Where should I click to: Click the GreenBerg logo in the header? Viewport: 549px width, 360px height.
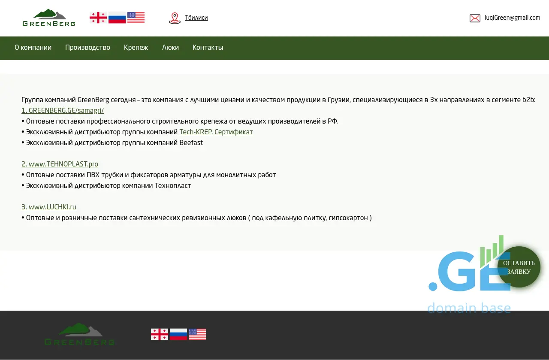click(x=49, y=18)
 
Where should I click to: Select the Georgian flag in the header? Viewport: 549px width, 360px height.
click(x=98, y=18)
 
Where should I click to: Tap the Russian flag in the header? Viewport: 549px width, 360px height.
click(x=117, y=18)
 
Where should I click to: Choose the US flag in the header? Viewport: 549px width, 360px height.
click(x=136, y=18)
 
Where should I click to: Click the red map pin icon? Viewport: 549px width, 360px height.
click(x=175, y=18)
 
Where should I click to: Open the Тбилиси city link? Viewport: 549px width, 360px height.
click(x=196, y=18)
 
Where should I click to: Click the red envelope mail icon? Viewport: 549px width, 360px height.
click(x=475, y=18)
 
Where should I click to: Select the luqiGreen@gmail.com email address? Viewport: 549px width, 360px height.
click(x=512, y=18)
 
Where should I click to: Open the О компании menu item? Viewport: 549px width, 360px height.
click(x=33, y=47)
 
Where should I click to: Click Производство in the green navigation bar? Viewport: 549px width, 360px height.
click(x=87, y=47)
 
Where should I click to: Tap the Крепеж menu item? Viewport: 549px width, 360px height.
click(x=136, y=47)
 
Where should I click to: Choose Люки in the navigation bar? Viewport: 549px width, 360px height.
click(x=170, y=47)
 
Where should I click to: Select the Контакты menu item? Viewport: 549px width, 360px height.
click(x=208, y=47)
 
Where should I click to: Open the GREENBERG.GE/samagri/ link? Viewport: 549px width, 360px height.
click(x=63, y=110)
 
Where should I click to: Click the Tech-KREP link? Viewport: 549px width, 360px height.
click(x=196, y=132)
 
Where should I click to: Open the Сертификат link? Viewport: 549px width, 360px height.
click(x=234, y=132)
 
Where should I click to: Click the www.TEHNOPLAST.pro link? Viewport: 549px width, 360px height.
click(x=60, y=164)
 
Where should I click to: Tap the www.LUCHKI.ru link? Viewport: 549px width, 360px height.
click(x=49, y=207)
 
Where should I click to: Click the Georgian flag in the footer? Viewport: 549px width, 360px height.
click(x=159, y=334)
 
